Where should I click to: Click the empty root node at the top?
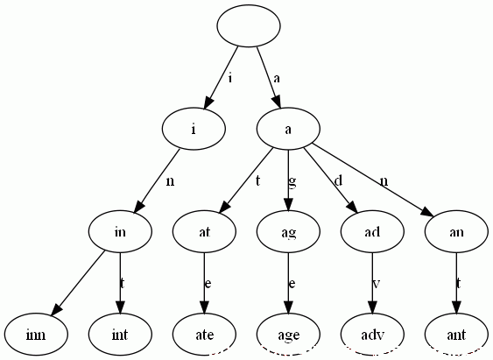[x=249, y=25]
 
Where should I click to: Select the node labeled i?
[x=194, y=129]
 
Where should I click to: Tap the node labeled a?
[x=288, y=129]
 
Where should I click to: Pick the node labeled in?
[x=120, y=231]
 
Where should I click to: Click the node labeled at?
[x=204, y=231]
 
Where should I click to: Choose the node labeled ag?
[x=288, y=231]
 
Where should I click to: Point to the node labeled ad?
[x=372, y=231]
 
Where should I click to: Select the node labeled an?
[x=456, y=231]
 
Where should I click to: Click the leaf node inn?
[x=36, y=335]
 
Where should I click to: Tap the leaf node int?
[x=120, y=335]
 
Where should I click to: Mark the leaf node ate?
[x=204, y=335]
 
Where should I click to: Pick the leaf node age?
[x=288, y=335]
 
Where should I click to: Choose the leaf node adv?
[x=372, y=335]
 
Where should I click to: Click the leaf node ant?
[x=456, y=335]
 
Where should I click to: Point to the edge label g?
[x=292, y=181]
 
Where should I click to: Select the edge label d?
[x=338, y=180]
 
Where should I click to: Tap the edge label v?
[x=376, y=284]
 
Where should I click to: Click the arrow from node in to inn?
[x=78, y=283]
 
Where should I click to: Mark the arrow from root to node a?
[x=269, y=78]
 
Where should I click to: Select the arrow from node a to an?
[x=374, y=180]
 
